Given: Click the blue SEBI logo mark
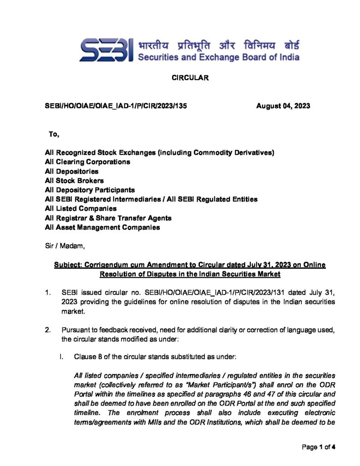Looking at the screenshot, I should (106, 50).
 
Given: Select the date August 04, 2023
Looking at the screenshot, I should (283, 106).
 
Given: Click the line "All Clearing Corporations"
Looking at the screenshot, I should (88, 162).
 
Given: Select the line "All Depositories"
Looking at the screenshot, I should (72, 171).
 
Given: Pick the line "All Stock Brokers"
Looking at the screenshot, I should (75, 181).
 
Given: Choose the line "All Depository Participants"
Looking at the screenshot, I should (90, 190).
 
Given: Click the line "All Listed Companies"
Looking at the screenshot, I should (81, 208).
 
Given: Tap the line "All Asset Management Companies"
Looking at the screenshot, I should (102, 227).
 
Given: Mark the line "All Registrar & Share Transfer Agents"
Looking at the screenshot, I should (108, 218).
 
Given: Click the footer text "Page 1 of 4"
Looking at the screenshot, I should (319, 447).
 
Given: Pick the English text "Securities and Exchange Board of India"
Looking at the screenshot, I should (218, 57).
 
